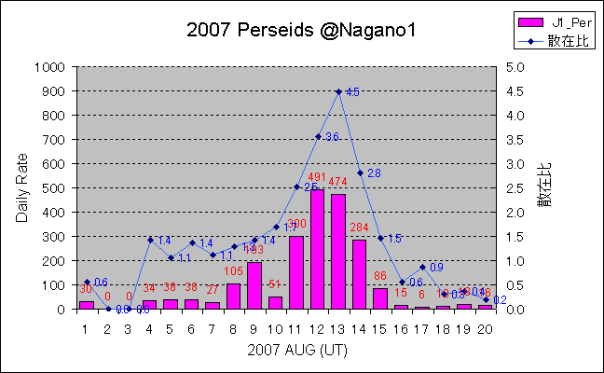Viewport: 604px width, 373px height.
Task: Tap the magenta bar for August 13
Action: pyautogui.click(x=338, y=251)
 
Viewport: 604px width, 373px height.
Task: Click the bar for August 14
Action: pyautogui.click(x=360, y=274)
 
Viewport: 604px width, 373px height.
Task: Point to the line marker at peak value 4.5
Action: pyautogui.click(x=338, y=91)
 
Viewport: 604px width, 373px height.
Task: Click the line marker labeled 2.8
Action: pyautogui.click(x=360, y=173)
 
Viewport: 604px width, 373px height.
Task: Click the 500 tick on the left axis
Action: pyautogui.click(x=54, y=188)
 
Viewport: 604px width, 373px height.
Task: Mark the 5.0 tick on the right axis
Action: pyautogui.click(x=515, y=67)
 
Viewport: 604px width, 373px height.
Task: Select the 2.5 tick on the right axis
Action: pyautogui.click(x=515, y=188)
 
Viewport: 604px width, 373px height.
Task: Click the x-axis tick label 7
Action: pyautogui.click(x=212, y=327)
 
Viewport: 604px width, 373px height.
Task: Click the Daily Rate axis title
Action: pyautogui.click(x=21, y=187)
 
